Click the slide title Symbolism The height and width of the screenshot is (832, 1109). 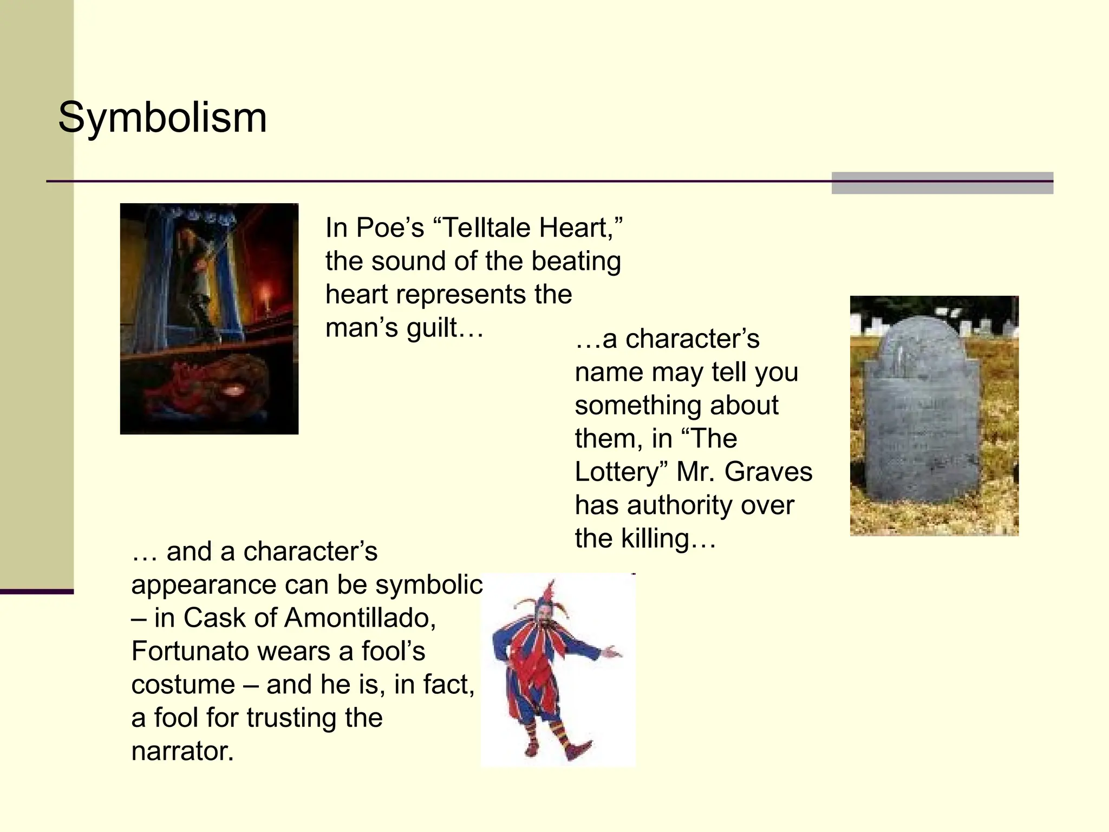tap(162, 118)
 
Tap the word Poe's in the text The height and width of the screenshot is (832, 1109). tap(390, 227)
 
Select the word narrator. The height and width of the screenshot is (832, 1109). tap(182, 751)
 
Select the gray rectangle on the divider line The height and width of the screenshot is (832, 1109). tap(942, 183)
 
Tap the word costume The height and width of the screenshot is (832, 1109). tap(183, 685)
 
